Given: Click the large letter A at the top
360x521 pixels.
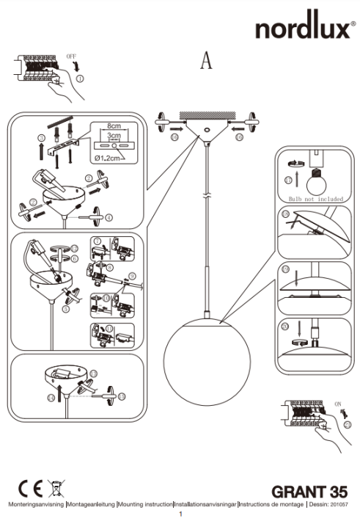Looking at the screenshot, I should pos(207,62).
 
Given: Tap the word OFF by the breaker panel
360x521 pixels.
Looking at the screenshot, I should pos(71,56).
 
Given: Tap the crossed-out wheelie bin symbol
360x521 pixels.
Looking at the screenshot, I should pos(54,488).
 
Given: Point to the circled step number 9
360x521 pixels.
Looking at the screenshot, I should pos(132,276).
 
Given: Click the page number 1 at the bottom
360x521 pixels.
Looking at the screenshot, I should pos(180,515).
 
